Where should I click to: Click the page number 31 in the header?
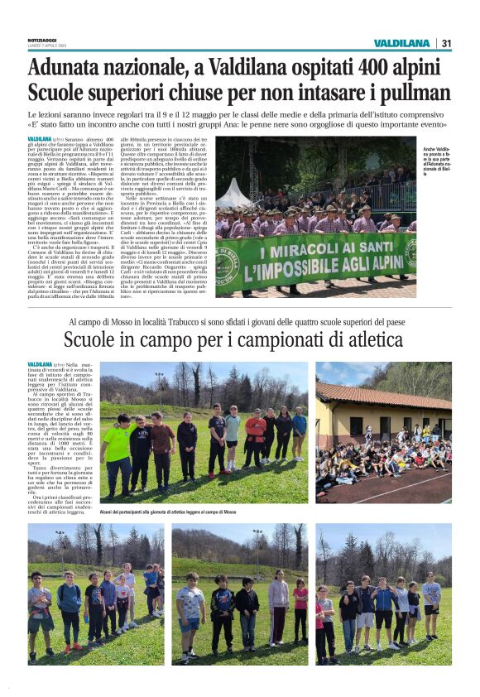pos(446,43)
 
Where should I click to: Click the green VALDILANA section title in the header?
pos(401,43)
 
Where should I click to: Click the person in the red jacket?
pos(254,436)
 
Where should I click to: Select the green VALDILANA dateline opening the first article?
pos(40,139)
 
